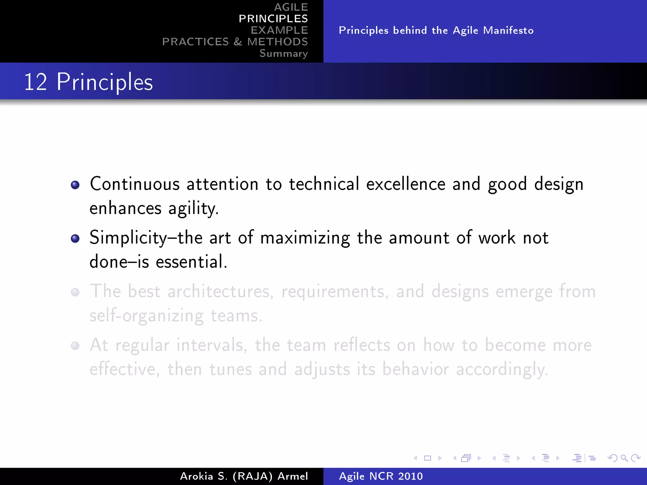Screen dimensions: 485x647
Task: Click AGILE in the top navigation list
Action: click(291, 7)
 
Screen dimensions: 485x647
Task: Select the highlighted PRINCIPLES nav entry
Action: click(273, 19)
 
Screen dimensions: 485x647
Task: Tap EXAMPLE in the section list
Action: click(279, 30)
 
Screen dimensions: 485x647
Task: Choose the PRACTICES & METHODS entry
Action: click(235, 42)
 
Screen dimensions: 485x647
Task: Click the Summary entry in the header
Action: click(283, 53)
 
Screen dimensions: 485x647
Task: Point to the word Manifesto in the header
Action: click(508, 30)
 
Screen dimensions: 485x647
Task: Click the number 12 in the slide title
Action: click(35, 82)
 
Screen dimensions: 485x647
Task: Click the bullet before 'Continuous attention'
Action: click(75, 185)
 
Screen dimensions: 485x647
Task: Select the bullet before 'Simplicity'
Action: click(75, 238)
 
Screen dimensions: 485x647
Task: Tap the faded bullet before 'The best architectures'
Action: click(75, 292)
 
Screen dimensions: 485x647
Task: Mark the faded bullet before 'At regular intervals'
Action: click(75, 346)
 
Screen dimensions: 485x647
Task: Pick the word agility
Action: click(193, 209)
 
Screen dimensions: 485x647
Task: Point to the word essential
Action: click(191, 262)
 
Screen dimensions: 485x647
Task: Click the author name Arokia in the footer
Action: click(197, 476)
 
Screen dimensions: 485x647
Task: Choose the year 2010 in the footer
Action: click(410, 476)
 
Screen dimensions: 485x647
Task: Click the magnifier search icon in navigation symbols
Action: click(624, 458)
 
